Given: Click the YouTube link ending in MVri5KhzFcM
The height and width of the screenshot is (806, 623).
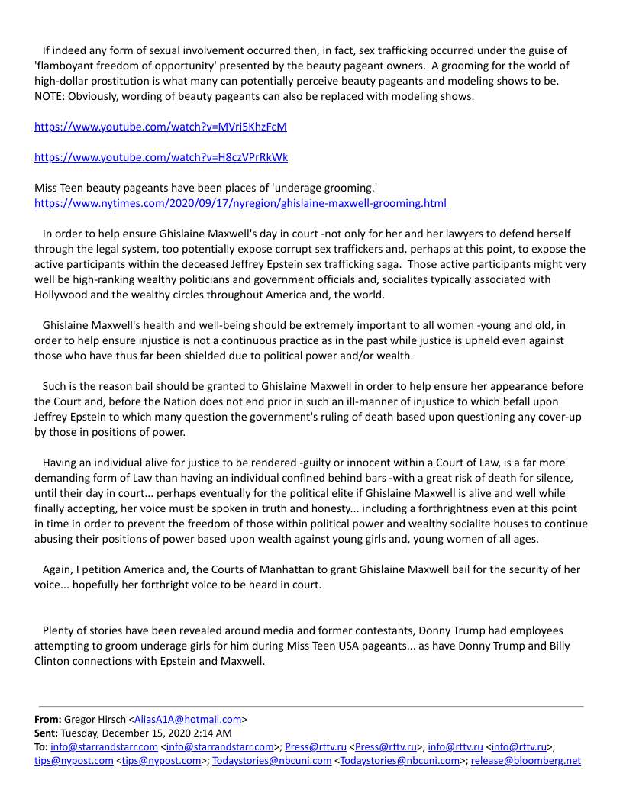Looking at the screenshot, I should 160,127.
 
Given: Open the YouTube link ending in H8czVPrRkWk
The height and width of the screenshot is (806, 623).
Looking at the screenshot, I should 161,157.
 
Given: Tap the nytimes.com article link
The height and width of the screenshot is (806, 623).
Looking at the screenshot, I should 240,203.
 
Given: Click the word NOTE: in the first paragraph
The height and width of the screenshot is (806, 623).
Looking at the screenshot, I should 51,96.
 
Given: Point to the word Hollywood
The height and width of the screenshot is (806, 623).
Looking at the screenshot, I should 66,295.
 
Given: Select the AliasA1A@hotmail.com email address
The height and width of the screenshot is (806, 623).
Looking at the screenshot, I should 188,719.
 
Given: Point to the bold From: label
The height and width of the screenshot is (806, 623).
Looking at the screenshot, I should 47,719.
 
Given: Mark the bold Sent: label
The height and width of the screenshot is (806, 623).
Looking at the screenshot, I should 47,733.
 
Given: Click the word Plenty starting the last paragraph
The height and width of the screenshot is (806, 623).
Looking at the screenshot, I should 59,630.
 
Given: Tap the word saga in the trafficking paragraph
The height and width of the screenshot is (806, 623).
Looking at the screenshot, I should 392,264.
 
